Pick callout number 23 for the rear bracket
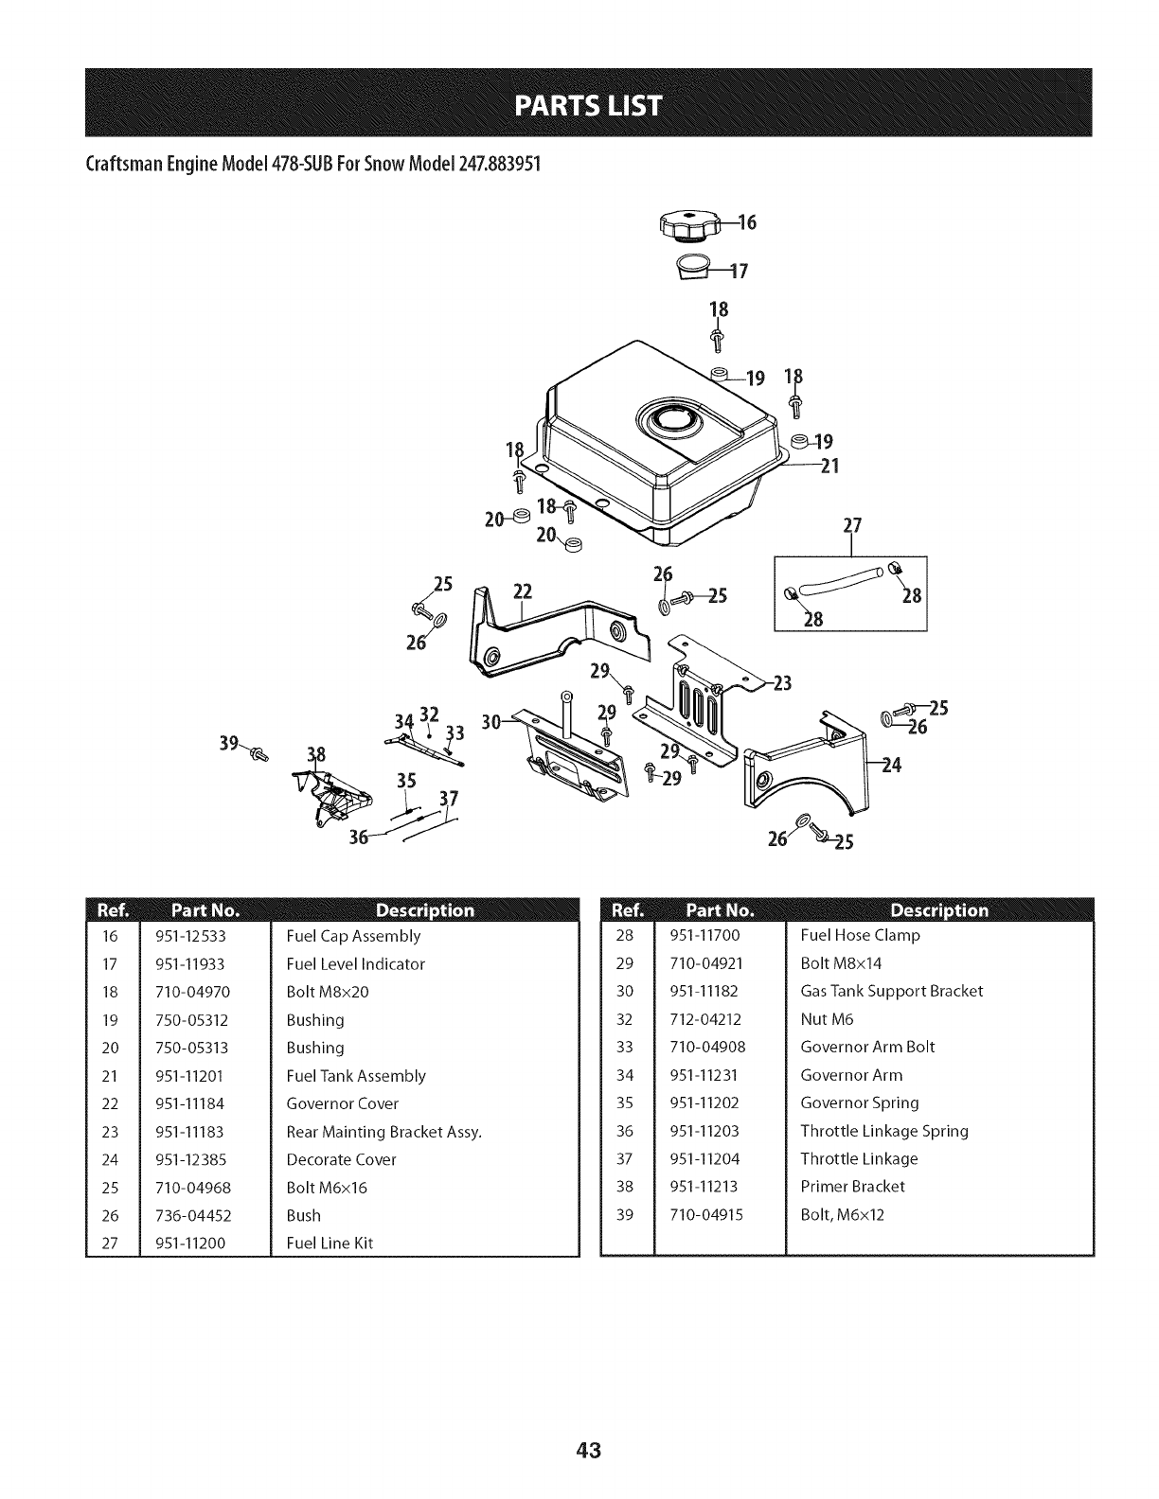click(x=781, y=684)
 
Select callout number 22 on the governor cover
click(x=524, y=592)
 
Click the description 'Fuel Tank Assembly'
click(x=356, y=1076)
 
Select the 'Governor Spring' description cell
click(x=860, y=1102)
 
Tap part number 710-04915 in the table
click(x=706, y=1214)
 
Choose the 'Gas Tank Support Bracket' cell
click(x=892, y=991)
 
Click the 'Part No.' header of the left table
click(x=205, y=911)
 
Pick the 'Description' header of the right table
click(x=938, y=910)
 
